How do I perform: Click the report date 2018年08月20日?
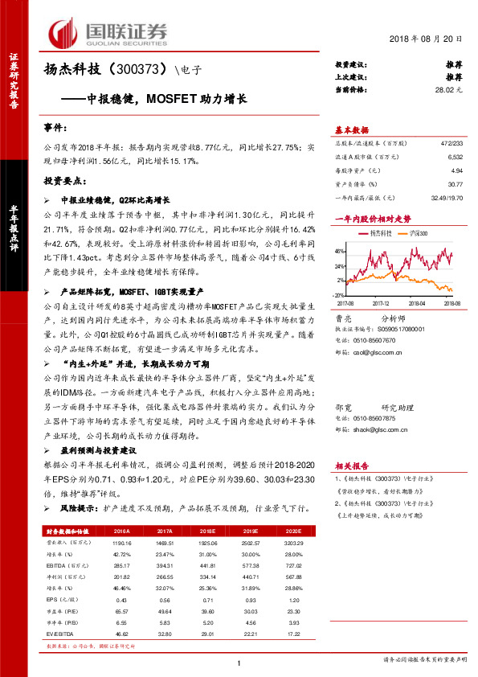pos(429,39)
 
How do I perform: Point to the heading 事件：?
pos(56,129)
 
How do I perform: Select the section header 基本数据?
pos(352,129)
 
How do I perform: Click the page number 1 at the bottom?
pos(239,662)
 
